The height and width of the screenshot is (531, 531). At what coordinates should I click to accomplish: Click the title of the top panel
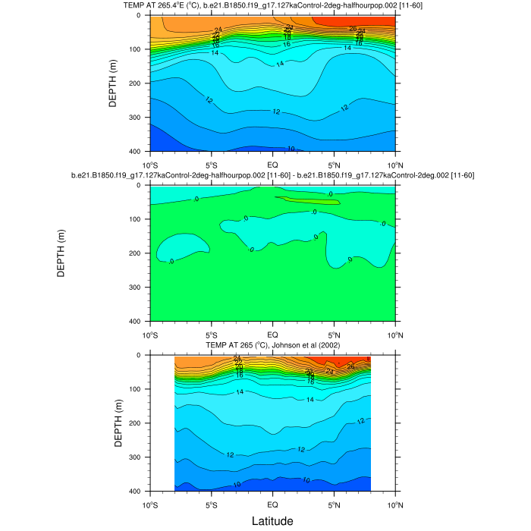pyautogui.click(x=272, y=6)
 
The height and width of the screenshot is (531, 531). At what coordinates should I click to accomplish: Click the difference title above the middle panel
pyautogui.click(x=272, y=175)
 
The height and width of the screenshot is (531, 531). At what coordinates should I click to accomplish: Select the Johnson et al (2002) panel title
pyautogui.click(x=272, y=346)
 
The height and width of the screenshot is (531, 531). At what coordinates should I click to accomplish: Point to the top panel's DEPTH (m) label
pyautogui.click(x=113, y=83)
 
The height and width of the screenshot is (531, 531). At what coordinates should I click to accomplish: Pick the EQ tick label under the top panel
pyautogui.click(x=272, y=165)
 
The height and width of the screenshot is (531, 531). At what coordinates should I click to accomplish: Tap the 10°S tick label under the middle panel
pyautogui.click(x=150, y=335)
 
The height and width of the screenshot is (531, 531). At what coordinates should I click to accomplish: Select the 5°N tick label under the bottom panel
pyautogui.click(x=334, y=504)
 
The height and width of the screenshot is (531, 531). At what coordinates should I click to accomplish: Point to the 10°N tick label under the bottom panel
pyautogui.click(x=394, y=504)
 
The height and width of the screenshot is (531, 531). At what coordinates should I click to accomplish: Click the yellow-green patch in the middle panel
pyautogui.click(x=307, y=201)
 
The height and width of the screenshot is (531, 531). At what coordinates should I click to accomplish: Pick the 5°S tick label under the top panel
pyautogui.click(x=212, y=165)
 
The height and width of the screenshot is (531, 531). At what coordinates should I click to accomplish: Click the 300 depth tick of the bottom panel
pyautogui.click(x=138, y=457)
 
